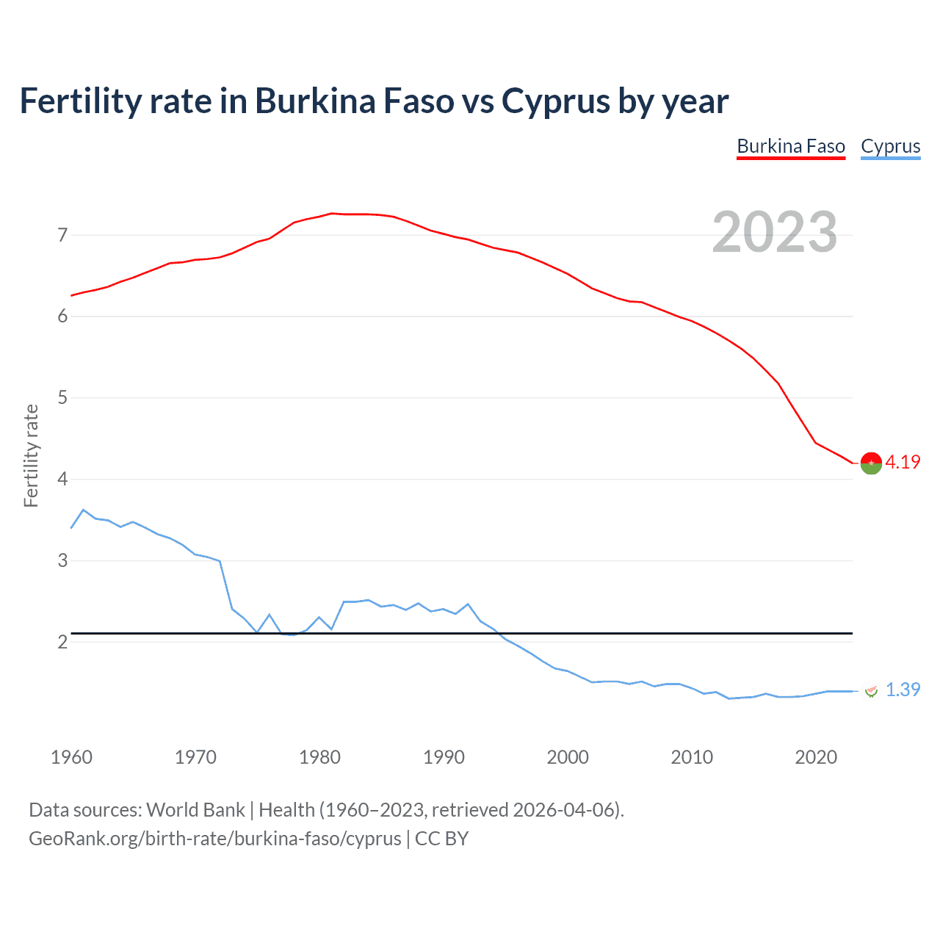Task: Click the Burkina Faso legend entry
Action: tap(791, 146)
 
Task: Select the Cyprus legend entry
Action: tap(890, 146)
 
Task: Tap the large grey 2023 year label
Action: tap(775, 232)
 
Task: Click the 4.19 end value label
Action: tap(903, 462)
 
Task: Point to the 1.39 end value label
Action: tap(903, 690)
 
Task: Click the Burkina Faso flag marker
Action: tap(871, 463)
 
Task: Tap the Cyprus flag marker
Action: tap(871, 690)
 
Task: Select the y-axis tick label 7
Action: tap(62, 235)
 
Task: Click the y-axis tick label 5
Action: tap(62, 398)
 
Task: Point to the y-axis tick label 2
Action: tap(62, 642)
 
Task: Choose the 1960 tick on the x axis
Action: tap(71, 757)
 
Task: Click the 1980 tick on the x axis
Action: tap(319, 757)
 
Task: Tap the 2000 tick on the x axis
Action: tap(568, 757)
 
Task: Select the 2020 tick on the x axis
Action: tap(816, 757)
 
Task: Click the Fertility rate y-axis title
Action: tap(31, 455)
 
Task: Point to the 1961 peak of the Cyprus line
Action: tap(83, 510)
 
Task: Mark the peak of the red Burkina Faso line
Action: tap(331, 214)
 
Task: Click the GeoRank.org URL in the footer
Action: tap(215, 839)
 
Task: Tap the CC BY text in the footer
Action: tap(441, 839)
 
